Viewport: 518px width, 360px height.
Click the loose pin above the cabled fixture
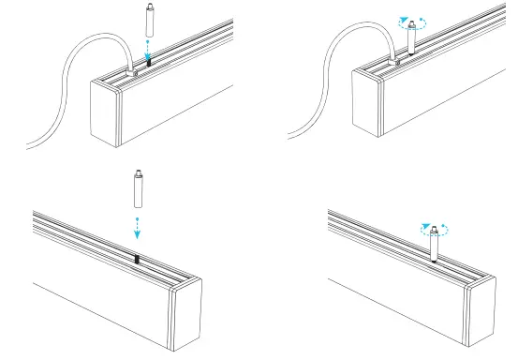tap(148, 21)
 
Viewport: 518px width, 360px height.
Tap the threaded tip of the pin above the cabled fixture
tap(148, 7)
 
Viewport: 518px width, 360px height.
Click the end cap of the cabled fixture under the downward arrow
tap(105, 112)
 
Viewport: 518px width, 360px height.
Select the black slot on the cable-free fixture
tap(137, 260)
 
